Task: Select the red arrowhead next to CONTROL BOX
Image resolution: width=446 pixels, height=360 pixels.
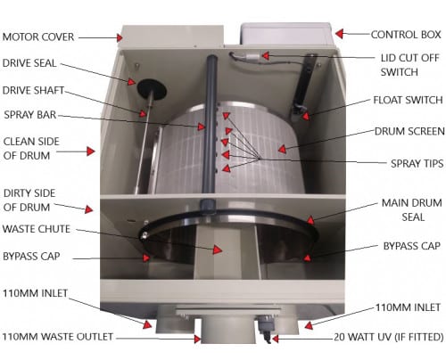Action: [x=339, y=34]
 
